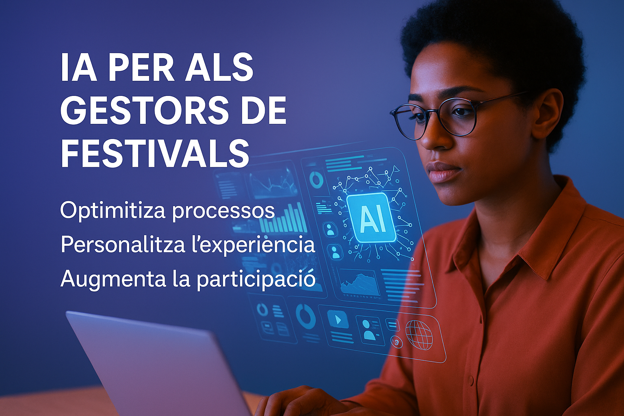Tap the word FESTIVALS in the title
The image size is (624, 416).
(155, 154)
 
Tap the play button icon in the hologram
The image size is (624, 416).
(338, 319)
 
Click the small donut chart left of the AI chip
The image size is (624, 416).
(316, 179)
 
